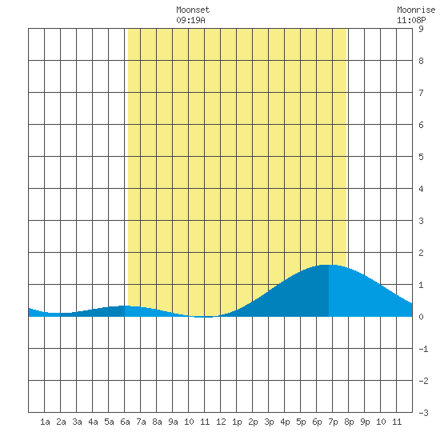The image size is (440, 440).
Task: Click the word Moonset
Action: click(x=193, y=10)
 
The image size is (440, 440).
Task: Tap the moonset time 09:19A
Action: click(x=191, y=20)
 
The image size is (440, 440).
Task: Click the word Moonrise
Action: click(x=416, y=10)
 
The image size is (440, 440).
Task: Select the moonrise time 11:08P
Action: click(x=411, y=20)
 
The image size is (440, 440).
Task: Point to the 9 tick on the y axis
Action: click(x=421, y=29)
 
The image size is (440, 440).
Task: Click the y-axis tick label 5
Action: click(x=421, y=157)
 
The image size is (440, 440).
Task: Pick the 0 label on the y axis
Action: click(x=421, y=317)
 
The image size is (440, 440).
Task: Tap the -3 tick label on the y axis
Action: click(x=423, y=413)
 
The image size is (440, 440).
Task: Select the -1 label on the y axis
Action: click(x=423, y=349)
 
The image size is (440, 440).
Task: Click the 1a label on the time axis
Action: click(x=45, y=422)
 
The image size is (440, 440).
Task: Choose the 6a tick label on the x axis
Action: click(x=125, y=422)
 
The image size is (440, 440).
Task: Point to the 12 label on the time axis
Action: click(x=221, y=422)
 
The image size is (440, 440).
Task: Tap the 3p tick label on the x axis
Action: click(x=269, y=422)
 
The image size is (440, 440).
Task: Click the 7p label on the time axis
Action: click(x=333, y=422)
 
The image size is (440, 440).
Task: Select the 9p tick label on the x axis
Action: click(x=365, y=422)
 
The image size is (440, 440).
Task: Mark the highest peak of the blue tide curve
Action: click(x=327, y=265)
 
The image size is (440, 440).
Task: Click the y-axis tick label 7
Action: click(x=421, y=93)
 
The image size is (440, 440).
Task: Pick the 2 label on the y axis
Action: click(x=421, y=253)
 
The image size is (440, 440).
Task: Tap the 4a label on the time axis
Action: click(x=93, y=422)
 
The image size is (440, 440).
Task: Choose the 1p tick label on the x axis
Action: click(x=237, y=422)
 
